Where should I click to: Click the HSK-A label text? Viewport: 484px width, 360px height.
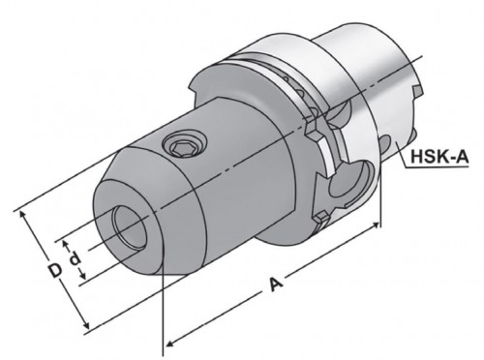439,157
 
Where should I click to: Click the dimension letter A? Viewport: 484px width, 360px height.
276,284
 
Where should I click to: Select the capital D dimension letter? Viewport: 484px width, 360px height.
55,270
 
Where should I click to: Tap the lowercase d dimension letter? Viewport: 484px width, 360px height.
75,258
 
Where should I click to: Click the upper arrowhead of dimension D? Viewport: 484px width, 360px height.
23,215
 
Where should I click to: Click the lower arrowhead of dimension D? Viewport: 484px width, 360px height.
85,323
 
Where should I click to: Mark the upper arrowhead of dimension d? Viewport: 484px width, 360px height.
66,244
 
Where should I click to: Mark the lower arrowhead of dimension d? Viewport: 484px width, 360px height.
83,275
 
